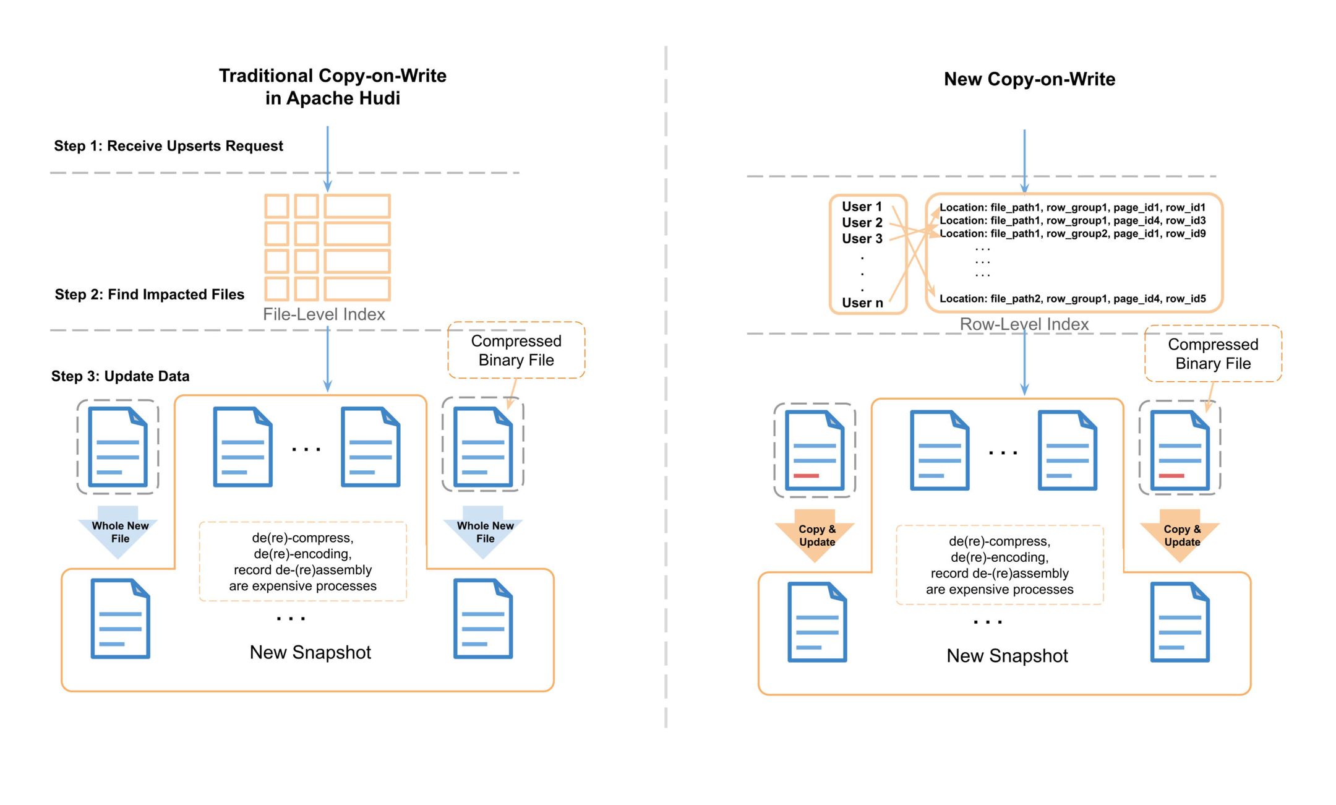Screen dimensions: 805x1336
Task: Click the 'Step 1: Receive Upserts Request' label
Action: point(168,146)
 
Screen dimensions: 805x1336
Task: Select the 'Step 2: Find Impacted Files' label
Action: point(149,295)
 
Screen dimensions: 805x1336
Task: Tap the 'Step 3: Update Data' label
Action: point(120,376)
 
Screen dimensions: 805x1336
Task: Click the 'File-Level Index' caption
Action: point(323,314)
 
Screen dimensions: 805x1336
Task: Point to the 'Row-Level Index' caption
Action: point(1024,324)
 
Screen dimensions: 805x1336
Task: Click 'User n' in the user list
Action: point(862,303)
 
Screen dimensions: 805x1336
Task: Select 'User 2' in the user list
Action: point(862,223)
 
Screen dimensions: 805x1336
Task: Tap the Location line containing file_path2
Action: point(1072,299)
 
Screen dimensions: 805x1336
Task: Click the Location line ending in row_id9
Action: point(1072,234)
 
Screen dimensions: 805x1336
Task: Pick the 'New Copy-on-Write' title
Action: point(1029,79)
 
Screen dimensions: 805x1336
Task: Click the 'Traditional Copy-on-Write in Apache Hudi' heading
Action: point(332,87)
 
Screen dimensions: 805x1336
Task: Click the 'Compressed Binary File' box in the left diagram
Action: point(516,350)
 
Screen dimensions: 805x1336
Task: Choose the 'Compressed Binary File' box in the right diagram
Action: point(1212,354)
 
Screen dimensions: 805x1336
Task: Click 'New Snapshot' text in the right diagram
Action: point(1007,656)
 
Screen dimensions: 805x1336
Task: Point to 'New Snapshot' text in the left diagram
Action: point(310,652)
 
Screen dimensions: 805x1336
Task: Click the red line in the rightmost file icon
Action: point(1171,476)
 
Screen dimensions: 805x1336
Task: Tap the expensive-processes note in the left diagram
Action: point(302,562)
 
